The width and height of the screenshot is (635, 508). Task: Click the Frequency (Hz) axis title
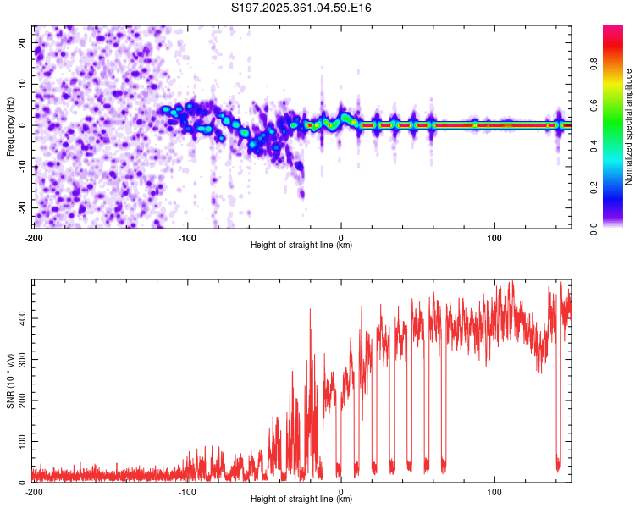[x=10, y=125]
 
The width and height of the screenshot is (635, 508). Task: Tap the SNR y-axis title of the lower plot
[x=10, y=381]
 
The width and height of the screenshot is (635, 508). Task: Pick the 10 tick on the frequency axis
[x=23, y=84]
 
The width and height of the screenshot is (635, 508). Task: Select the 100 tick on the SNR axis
[x=19, y=441]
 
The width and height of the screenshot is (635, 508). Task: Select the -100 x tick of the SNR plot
[x=187, y=491]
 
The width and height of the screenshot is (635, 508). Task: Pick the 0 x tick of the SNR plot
[x=341, y=491]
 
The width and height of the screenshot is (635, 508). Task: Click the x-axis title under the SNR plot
[x=301, y=500]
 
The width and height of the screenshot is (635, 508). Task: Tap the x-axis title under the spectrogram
[x=301, y=245]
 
